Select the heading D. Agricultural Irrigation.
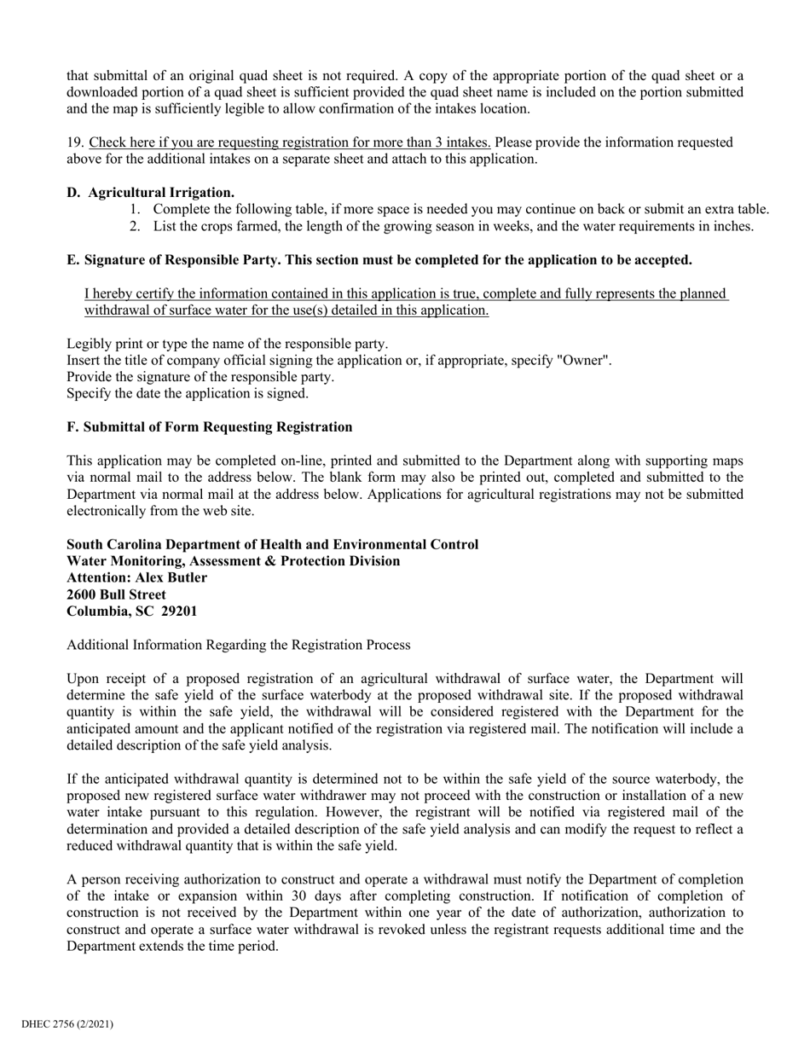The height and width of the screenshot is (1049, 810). [151, 193]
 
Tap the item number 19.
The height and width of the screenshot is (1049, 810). [75, 142]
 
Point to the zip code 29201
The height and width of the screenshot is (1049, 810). [178, 611]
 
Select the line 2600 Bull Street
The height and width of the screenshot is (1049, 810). [116, 594]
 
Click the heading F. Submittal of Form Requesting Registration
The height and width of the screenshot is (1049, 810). [209, 426]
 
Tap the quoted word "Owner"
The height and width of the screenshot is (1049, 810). [583, 361]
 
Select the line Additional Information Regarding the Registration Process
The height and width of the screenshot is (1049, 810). [238, 645]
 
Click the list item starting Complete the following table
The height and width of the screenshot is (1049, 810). [460, 210]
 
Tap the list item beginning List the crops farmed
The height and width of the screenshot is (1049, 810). [453, 226]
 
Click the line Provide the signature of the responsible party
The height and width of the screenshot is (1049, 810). [200, 377]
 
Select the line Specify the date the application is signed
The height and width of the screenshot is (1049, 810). [188, 394]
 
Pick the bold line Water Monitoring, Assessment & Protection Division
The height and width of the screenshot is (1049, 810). [233, 561]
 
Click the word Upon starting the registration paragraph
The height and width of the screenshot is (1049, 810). [84, 679]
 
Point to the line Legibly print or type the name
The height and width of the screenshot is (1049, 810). [227, 344]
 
